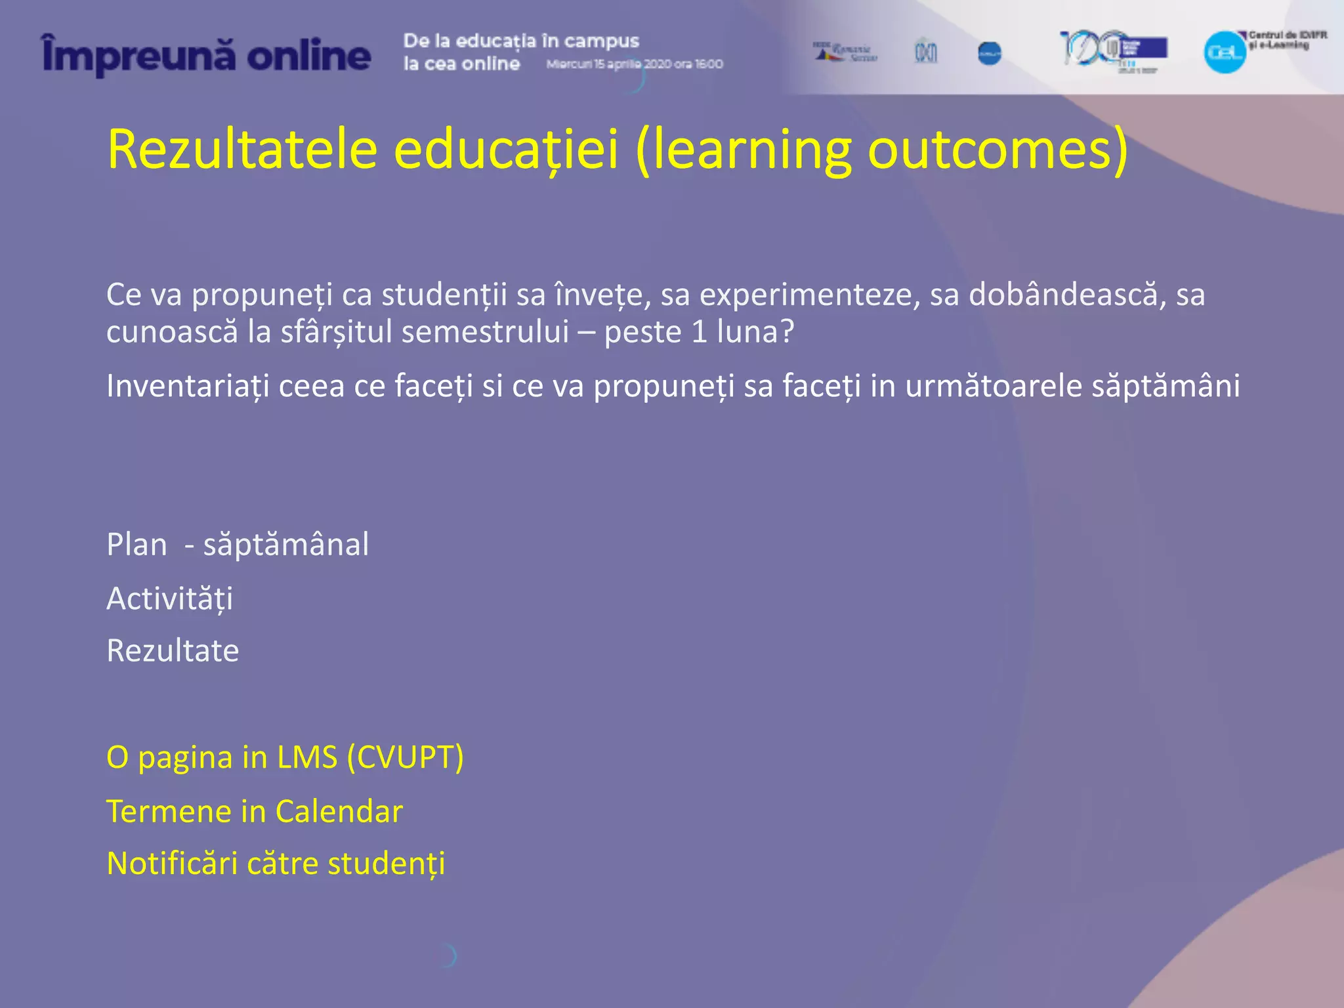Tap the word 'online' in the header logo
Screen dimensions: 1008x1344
point(308,56)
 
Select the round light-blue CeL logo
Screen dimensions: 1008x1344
point(1225,52)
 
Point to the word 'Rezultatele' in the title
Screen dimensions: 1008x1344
point(242,150)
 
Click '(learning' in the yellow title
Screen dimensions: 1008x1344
point(742,150)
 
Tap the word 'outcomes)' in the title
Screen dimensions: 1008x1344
point(997,150)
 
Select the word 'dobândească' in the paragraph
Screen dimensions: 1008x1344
point(1063,295)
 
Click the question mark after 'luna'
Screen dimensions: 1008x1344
point(787,331)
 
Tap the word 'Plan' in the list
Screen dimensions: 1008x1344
point(136,545)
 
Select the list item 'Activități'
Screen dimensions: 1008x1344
point(169,598)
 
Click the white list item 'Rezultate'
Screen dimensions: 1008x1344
point(173,651)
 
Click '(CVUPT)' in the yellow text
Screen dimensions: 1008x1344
point(405,757)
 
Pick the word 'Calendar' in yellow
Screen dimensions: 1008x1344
point(339,811)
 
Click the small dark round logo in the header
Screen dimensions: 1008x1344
point(989,53)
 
